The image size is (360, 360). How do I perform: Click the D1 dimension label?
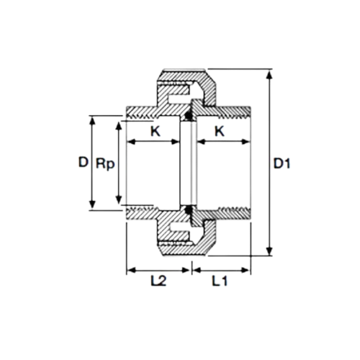click(282, 163)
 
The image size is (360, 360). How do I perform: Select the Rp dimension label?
click(105, 164)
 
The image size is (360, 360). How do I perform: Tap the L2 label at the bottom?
click(158, 281)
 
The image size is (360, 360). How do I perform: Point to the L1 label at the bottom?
click(220, 281)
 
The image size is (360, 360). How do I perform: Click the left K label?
click(155, 131)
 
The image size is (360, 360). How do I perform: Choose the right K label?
click(220, 131)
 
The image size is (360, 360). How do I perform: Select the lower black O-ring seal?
click(188, 210)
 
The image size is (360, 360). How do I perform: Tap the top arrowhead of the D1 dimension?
click(270, 74)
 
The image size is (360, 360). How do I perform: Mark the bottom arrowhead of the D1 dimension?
click(270, 251)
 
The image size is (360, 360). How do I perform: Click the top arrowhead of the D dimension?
click(92, 120)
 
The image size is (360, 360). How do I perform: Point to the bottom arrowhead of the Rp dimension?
click(118, 199)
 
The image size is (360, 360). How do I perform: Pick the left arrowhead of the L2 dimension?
click(131, 270)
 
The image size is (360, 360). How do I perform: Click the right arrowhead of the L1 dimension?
click(246, 270)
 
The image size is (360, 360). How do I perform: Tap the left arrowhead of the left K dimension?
click(131, 142)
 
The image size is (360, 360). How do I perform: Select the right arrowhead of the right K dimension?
click(246, 142)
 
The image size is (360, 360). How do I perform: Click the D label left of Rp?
click(84, 162)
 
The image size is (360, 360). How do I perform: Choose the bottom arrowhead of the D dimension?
click(92, 205)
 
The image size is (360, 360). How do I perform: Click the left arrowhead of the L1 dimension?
click(197, 270)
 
